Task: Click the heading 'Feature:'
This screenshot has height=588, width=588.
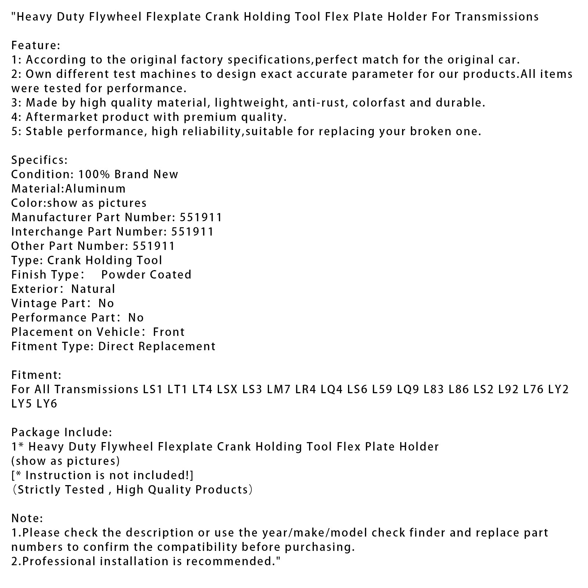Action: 36,46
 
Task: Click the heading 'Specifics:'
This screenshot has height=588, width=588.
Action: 39,160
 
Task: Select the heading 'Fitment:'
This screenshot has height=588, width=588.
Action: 36,375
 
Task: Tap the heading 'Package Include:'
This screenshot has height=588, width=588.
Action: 62,433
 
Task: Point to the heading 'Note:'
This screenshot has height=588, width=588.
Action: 27,519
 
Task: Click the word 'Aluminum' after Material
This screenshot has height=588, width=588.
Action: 96,189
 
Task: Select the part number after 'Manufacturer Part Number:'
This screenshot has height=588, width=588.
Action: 201,218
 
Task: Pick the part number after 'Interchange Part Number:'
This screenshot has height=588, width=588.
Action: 192,232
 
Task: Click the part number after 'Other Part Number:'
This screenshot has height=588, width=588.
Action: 154,246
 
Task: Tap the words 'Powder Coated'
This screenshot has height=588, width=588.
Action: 146,275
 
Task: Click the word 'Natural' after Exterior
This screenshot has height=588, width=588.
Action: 93,289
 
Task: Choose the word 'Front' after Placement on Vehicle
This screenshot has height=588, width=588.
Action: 169,332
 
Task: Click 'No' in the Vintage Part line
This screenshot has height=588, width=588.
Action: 106,304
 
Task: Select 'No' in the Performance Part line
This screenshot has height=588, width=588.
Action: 136,318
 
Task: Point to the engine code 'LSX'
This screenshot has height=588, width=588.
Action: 227,390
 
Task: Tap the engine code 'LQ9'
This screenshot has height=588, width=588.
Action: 408,390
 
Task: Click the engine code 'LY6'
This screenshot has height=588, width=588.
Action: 47,404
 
